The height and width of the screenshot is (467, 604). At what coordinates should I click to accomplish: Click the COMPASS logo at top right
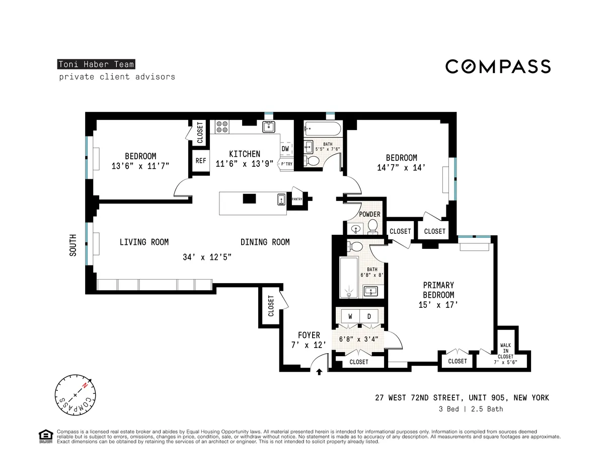(498, 66)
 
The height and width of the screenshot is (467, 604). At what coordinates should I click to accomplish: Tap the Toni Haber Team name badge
(96, 64)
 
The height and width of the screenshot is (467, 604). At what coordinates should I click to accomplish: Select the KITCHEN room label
(245, 154)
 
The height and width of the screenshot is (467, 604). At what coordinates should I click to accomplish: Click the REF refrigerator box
(200, 161)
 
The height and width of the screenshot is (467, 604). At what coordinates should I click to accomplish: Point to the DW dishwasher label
(285, 149)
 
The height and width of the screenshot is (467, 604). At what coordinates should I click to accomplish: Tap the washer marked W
(349, 316)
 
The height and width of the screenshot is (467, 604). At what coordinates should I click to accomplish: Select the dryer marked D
(369, 316)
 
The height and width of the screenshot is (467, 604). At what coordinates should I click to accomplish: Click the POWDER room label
(369, 215)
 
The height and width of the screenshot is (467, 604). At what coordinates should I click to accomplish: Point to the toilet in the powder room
(373, 227)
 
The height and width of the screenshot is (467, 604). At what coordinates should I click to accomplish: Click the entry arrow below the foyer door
(319, 372)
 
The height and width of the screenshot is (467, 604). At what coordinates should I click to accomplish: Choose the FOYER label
(309, 336)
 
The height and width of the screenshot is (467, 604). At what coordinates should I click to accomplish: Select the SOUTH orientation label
(73, 245)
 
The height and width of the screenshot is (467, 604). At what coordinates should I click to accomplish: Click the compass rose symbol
(74, 394)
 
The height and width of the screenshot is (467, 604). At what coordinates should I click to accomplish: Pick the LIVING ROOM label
(144, 242)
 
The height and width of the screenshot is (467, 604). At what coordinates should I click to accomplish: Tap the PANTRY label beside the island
(297, 199)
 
